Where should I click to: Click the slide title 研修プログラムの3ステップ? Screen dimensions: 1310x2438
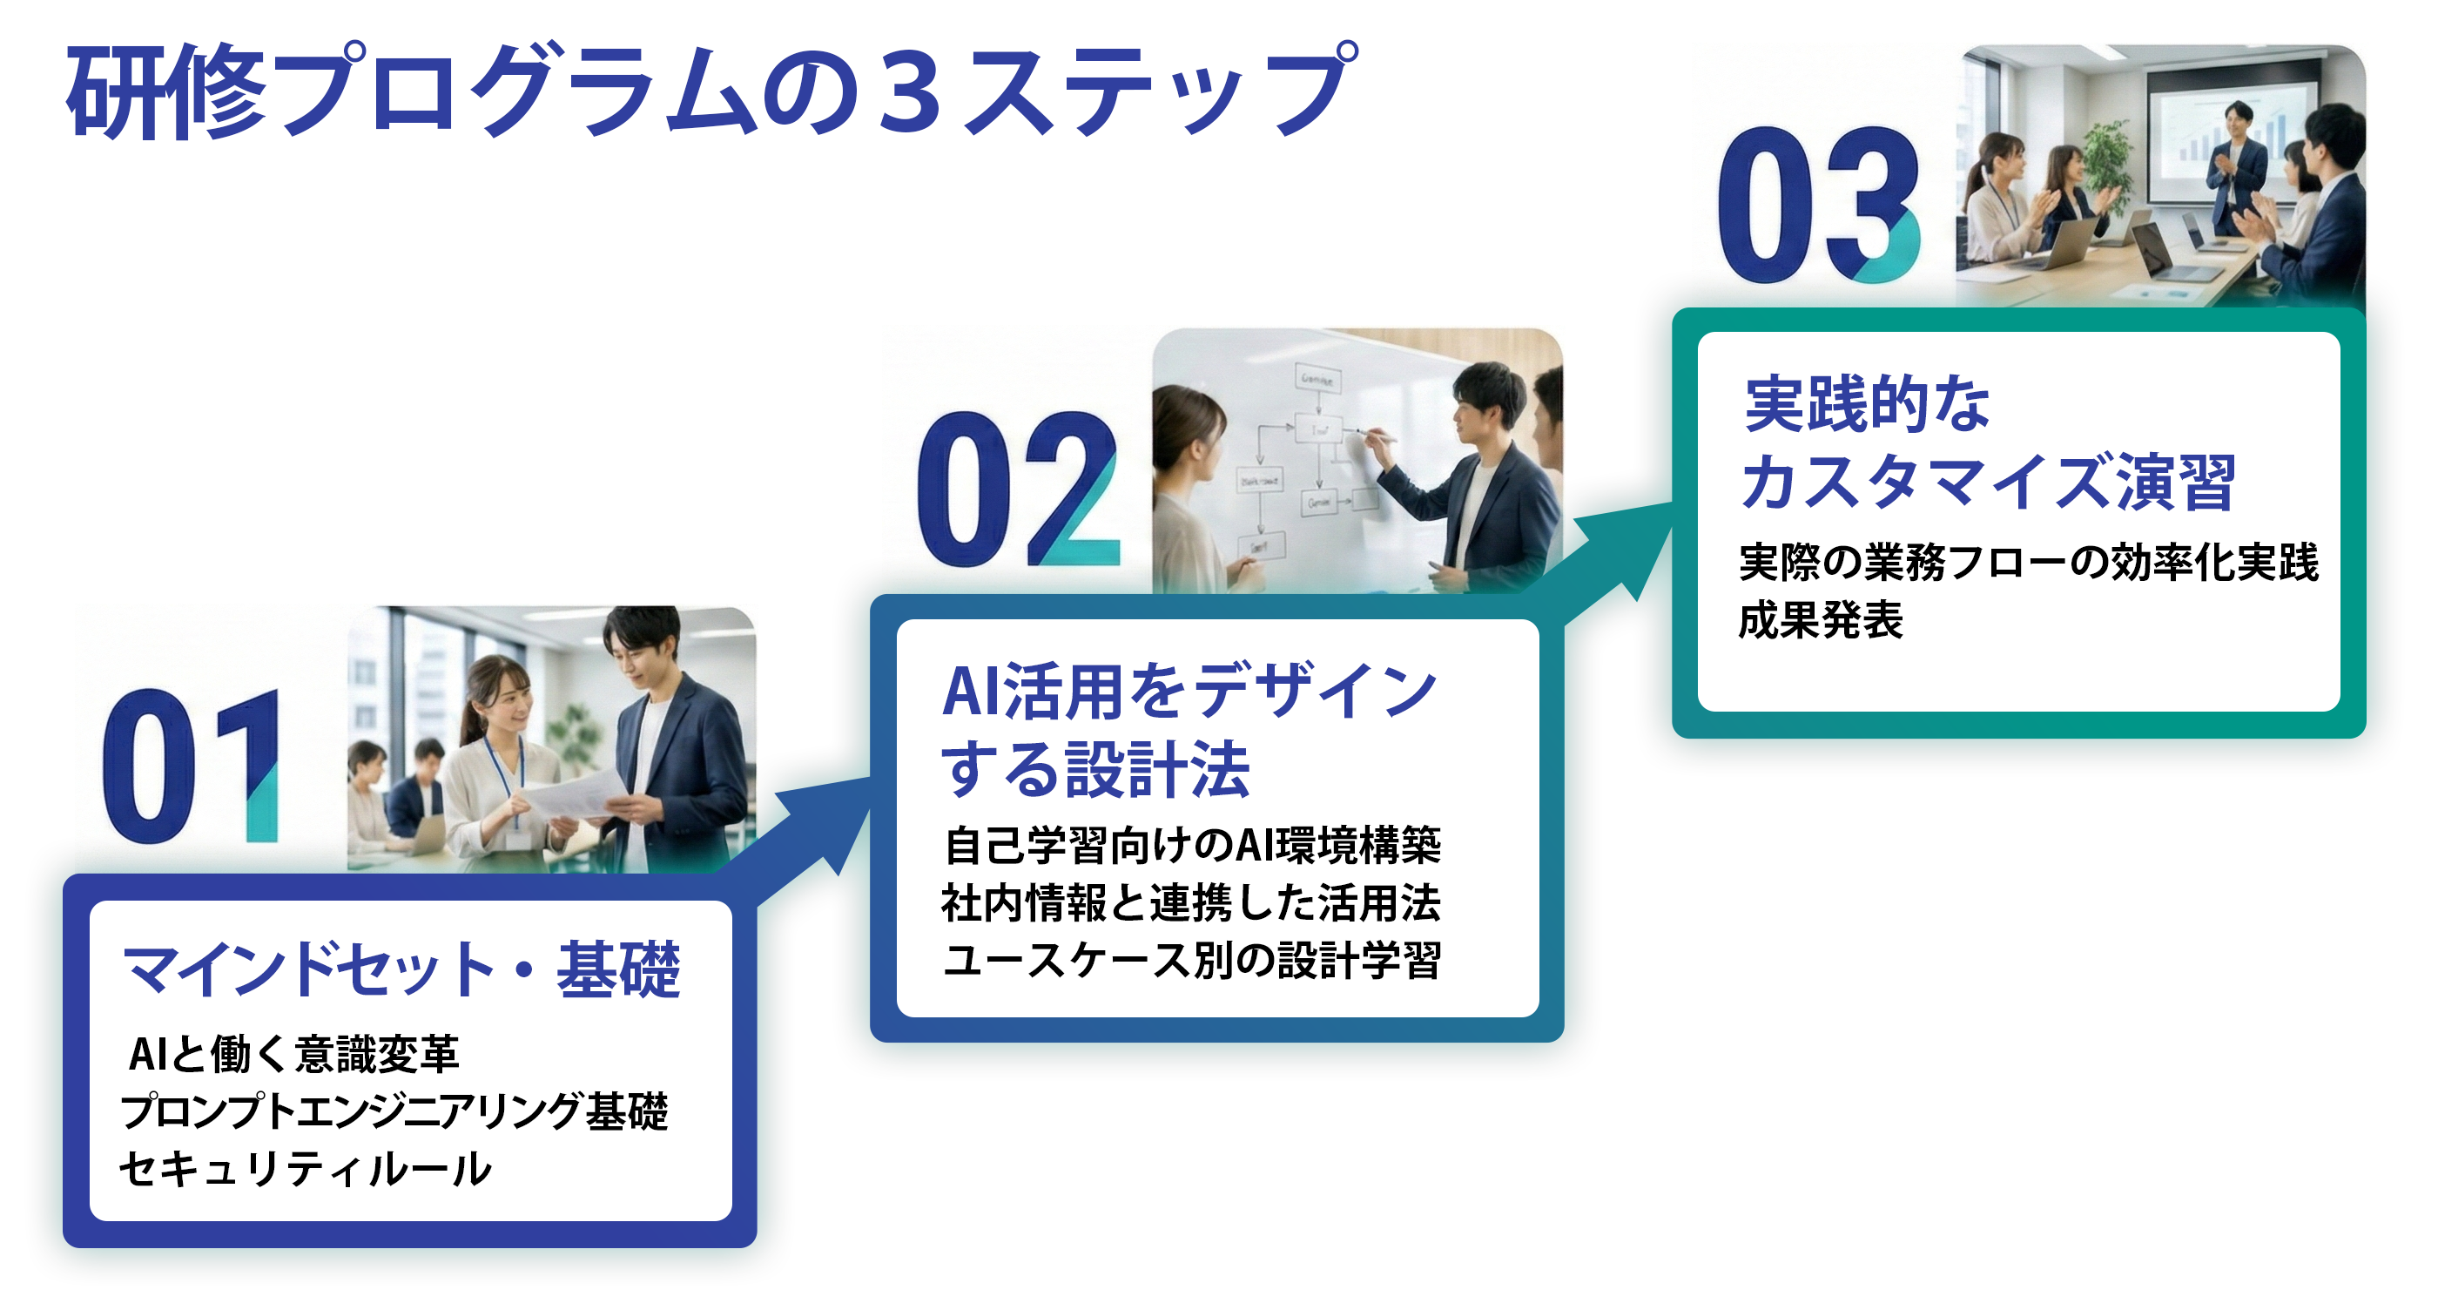coord(710,91)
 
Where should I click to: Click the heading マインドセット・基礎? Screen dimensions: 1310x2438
coord(401,969)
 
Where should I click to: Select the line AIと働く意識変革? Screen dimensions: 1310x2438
coord(293,1055)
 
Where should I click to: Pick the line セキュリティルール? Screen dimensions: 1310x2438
coord(305,1169)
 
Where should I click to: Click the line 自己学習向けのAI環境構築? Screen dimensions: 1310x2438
coord(1191,845)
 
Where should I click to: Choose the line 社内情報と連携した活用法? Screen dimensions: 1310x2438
coord(1190,903)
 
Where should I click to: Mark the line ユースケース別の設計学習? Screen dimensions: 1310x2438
coord(1191,961)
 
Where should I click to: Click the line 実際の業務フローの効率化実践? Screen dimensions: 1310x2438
coord(2028,564)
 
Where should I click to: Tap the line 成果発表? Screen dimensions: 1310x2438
coord(1820,621)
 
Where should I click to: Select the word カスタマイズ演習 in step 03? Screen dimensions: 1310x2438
coord(1989,483)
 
